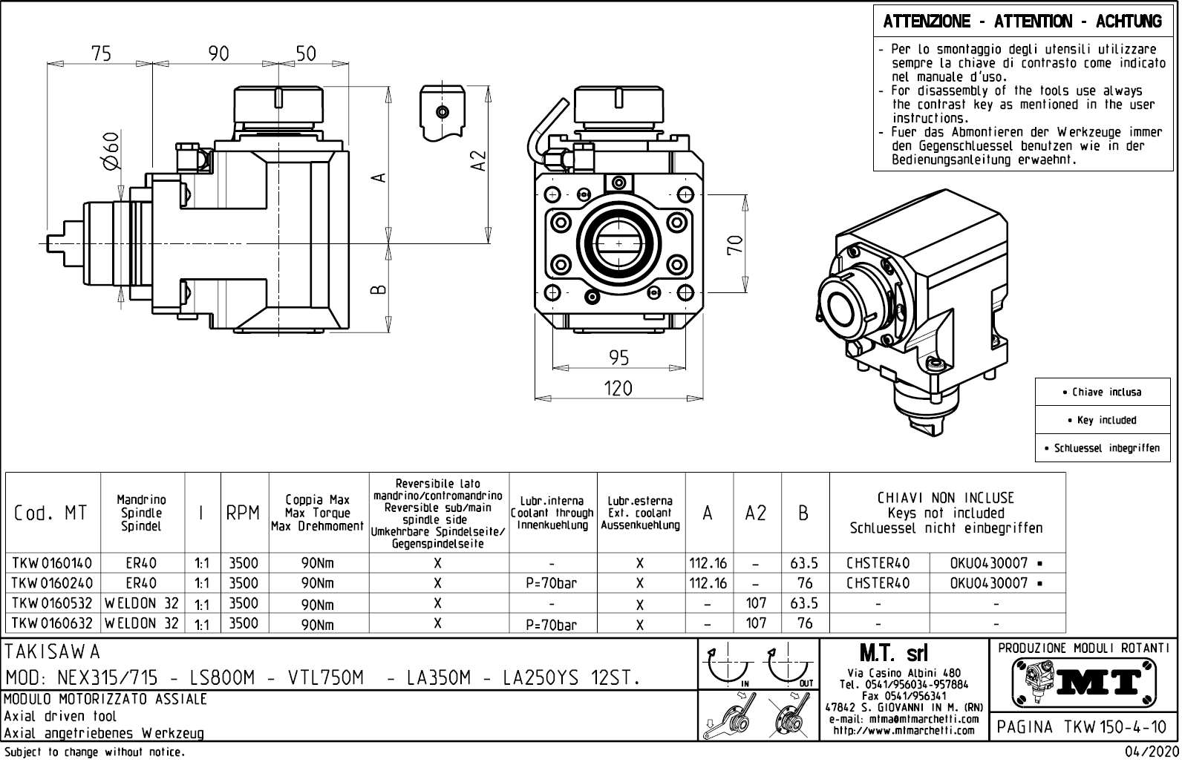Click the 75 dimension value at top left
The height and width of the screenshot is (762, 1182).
[101, 53]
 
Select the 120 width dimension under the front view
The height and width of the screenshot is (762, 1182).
[618, 388]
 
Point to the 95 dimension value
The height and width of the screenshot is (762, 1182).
[618, 358]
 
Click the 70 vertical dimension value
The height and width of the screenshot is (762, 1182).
[735, 245]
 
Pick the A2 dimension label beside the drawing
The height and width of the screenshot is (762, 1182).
[479, 160]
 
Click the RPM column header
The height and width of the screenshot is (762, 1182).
[243, 513]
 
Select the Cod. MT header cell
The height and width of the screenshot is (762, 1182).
[50, 513]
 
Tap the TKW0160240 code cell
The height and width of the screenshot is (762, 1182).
[52, 583]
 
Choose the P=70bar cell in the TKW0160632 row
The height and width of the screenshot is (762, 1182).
[552, 625]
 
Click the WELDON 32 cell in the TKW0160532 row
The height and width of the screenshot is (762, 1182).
[142, 603]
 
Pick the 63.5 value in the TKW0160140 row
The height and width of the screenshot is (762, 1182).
[804, 563]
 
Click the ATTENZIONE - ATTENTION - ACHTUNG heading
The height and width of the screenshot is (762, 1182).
[1022, 22]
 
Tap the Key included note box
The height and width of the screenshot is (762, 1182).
[1106, 420]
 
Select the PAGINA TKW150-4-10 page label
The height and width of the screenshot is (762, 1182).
[1083, 727]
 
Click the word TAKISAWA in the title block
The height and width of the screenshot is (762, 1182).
[52, 652]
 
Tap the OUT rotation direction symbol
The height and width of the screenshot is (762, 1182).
[791, 667]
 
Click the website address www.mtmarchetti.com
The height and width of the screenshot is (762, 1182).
[903, 731]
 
